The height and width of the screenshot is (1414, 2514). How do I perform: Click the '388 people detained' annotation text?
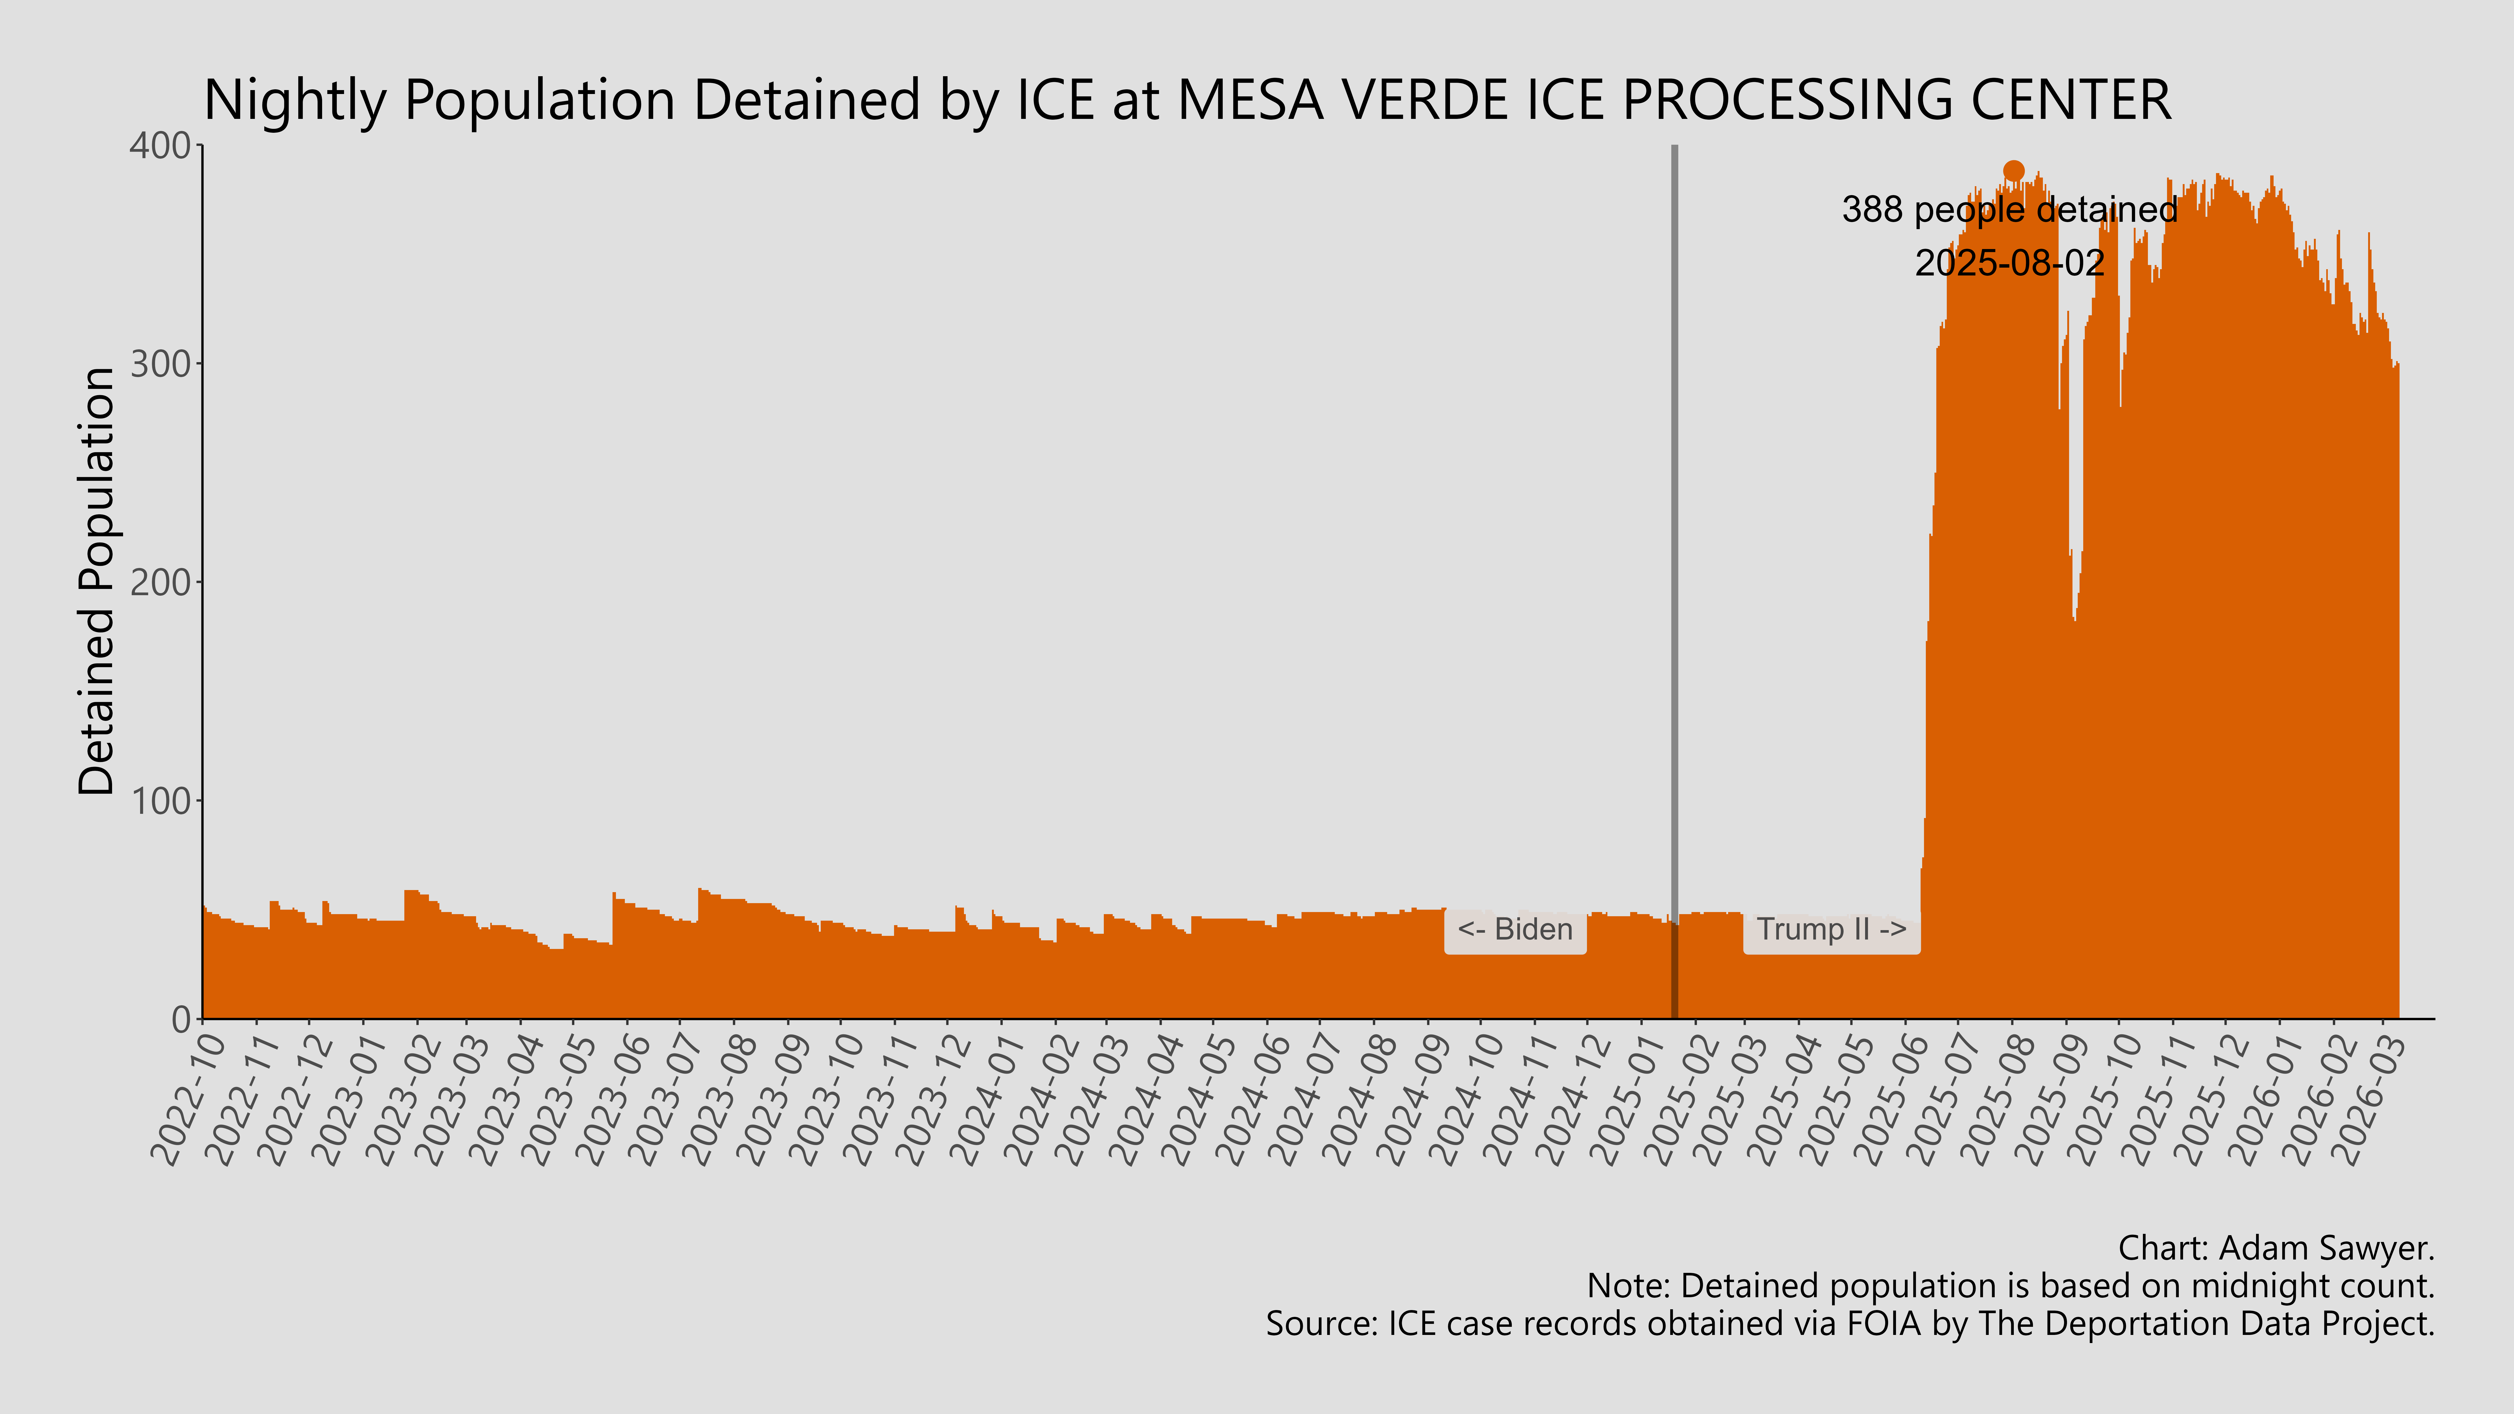coord(2009,210)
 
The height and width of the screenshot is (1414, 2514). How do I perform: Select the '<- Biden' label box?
coord(1515,930)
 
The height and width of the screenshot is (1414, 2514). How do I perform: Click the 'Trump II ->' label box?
coord(1831,930)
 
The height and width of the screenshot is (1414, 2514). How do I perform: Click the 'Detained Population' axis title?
coord(98,582)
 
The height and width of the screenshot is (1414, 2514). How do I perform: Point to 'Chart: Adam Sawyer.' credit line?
coord(2276,1248)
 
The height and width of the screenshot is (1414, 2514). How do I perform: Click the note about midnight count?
coord(2010,1286)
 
